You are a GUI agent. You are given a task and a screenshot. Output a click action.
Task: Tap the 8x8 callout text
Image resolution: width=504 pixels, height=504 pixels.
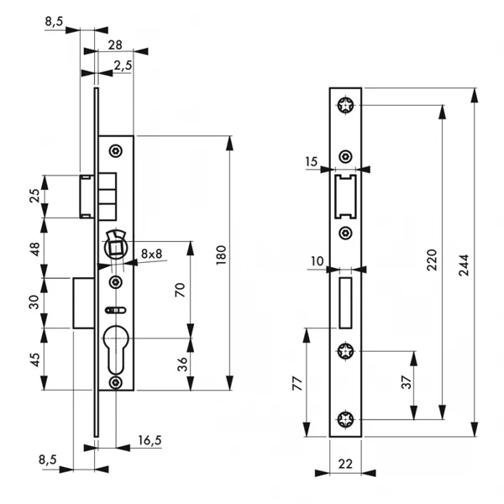[153, 253]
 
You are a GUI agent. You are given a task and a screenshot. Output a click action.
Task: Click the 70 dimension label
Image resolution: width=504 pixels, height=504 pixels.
[179, 290]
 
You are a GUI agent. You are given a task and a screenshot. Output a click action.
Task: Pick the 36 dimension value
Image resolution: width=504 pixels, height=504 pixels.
[179, 363]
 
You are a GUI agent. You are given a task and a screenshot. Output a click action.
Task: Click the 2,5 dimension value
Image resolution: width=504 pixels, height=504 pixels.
[123, 66]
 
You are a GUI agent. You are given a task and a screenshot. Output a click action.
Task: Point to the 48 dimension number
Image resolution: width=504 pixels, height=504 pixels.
[34, 249]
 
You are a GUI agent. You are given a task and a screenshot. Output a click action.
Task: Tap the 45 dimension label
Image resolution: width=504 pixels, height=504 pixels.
[34, 360]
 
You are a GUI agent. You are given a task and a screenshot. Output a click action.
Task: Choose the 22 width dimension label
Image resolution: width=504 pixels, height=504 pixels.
[344, 460]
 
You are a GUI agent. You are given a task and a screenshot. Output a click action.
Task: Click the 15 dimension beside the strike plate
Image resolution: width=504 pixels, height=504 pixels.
[312, 160]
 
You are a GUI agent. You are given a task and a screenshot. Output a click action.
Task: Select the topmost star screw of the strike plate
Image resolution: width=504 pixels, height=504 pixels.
[344, 105]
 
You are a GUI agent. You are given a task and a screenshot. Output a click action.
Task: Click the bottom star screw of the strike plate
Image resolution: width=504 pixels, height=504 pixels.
[344, 420]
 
